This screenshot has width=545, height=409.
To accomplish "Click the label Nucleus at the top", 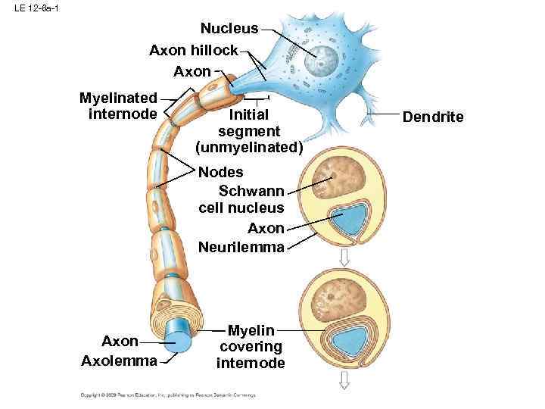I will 229,29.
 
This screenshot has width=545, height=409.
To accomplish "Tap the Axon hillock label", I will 194,51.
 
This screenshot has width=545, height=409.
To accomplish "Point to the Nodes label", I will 220,172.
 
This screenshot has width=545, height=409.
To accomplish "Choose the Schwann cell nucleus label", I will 241,198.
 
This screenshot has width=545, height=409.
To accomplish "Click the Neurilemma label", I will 241,247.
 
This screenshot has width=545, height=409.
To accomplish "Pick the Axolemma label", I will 119,361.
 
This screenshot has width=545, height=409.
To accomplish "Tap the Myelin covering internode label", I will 251,346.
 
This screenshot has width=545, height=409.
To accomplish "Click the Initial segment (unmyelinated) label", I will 248,131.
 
